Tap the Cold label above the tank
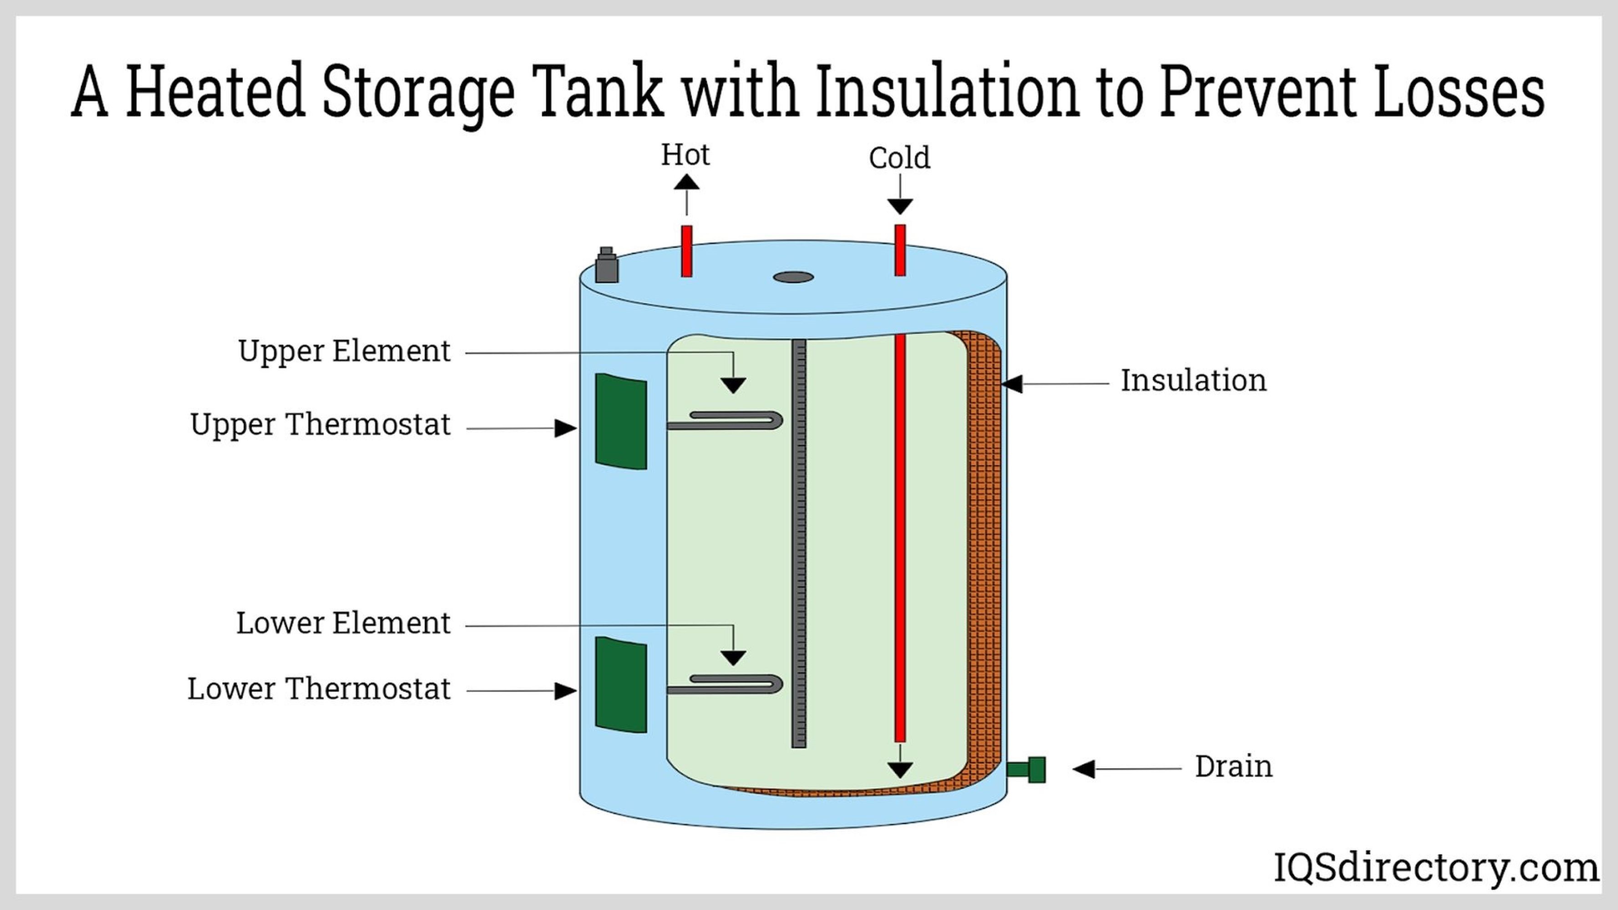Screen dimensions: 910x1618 point(899,157)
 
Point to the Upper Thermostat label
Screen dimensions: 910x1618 point(320,425)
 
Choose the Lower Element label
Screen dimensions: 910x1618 point(343,623)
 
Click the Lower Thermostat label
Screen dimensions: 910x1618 point(319,689)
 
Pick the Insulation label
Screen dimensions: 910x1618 point(1193,380)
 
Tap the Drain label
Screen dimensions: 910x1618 point(1233,767)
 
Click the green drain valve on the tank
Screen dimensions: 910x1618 point(1028,769)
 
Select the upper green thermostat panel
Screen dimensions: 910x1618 point(620,421)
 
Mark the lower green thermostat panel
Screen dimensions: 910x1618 point(620,684)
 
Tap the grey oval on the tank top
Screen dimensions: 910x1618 point(793,277)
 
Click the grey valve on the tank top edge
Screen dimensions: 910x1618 point(606,266)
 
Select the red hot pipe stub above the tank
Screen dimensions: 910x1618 point(686,251)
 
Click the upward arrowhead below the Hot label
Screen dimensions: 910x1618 point(686,183)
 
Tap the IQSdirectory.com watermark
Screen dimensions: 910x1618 point(1435,869)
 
